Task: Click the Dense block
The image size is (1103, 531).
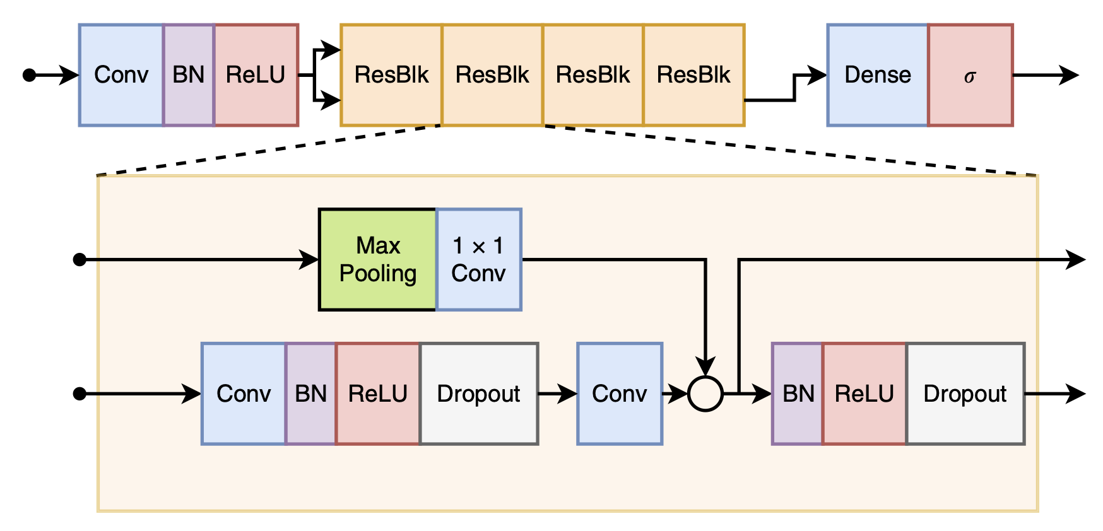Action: tap(877, 75)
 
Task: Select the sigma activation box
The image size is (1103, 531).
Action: tap(970, 75)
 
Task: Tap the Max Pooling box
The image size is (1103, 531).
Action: tap(377, 259)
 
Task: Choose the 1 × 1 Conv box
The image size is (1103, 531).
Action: tap(478, 259)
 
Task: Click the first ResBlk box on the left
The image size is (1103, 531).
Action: tap(391, 75)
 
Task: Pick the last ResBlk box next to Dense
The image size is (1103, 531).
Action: tap(693, 75)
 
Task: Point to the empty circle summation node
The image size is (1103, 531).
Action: tap(705, 394)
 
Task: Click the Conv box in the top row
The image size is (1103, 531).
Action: tap(121, 75)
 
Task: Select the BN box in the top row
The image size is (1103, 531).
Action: tap(189, 75)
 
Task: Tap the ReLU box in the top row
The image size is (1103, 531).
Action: tap(256, 75)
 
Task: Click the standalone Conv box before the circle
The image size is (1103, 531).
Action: tap(620, 394)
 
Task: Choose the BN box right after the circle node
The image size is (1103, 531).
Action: tap(798, 394)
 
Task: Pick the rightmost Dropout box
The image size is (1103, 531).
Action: tap(965, 394)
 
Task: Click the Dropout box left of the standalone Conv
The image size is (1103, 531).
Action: tap(478, 394)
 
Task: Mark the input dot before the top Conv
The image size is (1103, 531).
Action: tap(29, 75)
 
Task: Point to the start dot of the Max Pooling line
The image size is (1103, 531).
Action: tap(80, 259)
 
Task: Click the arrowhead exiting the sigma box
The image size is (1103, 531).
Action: tap(1070, 75)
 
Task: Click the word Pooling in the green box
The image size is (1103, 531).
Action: tap(377, 274)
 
